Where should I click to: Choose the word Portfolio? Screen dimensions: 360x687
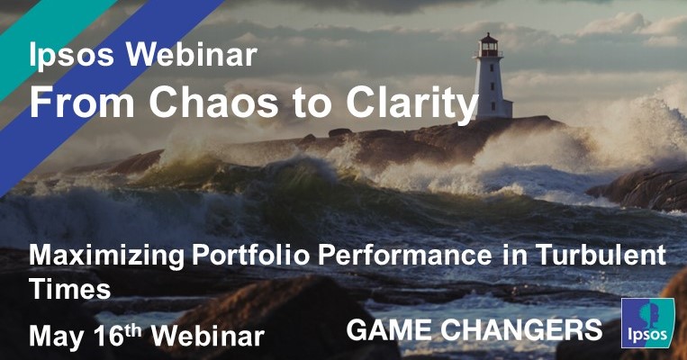248,257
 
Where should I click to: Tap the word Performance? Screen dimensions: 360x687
401,257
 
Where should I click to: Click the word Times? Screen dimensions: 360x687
69,289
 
